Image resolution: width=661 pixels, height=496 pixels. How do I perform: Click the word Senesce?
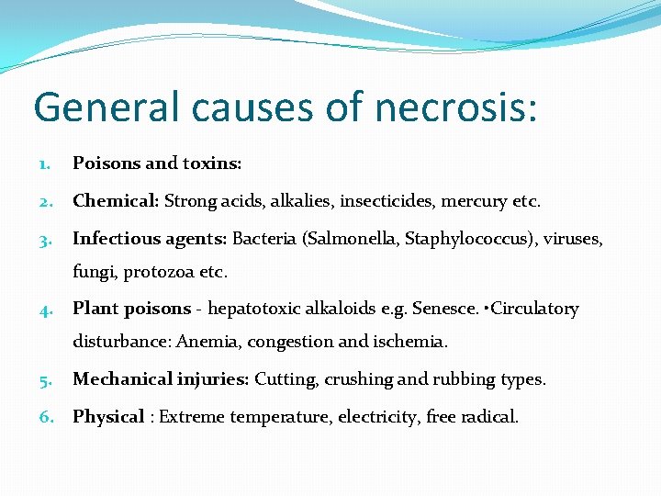[x=445, y=309]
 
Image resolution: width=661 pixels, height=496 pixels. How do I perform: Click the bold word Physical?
[x=108, y=417]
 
